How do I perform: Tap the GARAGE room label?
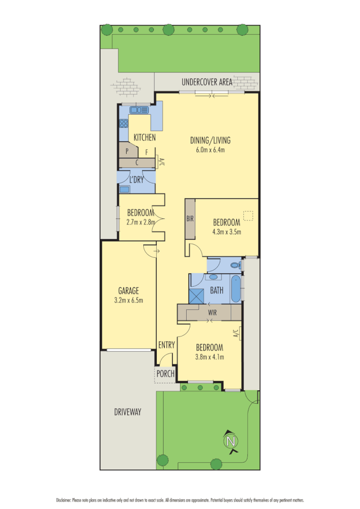pos(128,291)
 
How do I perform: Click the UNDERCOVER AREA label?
pos(207,83)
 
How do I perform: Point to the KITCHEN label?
pos(144,137)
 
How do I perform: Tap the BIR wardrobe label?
pos(190,217)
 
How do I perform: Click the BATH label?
pos(216,291)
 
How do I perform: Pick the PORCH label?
pos(165,374)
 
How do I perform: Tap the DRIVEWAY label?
pos(127,412)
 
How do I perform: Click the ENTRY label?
pos(166,346)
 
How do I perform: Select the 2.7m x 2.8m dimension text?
pos(140,222)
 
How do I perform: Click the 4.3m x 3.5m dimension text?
pos(226,231)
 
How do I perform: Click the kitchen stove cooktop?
pos(123,124)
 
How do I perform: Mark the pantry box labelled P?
pos(127,151)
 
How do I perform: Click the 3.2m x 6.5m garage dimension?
pos(128,300)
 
